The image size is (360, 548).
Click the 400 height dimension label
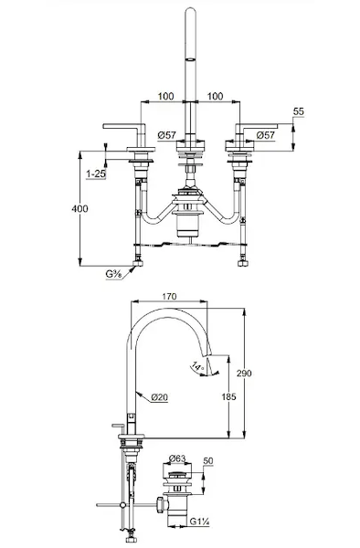[x=79, y=208]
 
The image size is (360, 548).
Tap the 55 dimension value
[x=299, y=111]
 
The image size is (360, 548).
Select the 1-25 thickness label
[x=96, y=174]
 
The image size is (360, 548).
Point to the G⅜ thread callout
[x=113, y=274]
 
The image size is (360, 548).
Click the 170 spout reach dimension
[x=169, y=296]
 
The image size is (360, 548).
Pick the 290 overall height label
[x=244, y=374]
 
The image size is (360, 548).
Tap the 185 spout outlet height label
[x=228, y=396]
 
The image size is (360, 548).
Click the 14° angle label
[x=197, y=366]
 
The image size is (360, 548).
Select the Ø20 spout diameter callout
[x=160, y=397]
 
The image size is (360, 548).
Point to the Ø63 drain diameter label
[x=177, y=458]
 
